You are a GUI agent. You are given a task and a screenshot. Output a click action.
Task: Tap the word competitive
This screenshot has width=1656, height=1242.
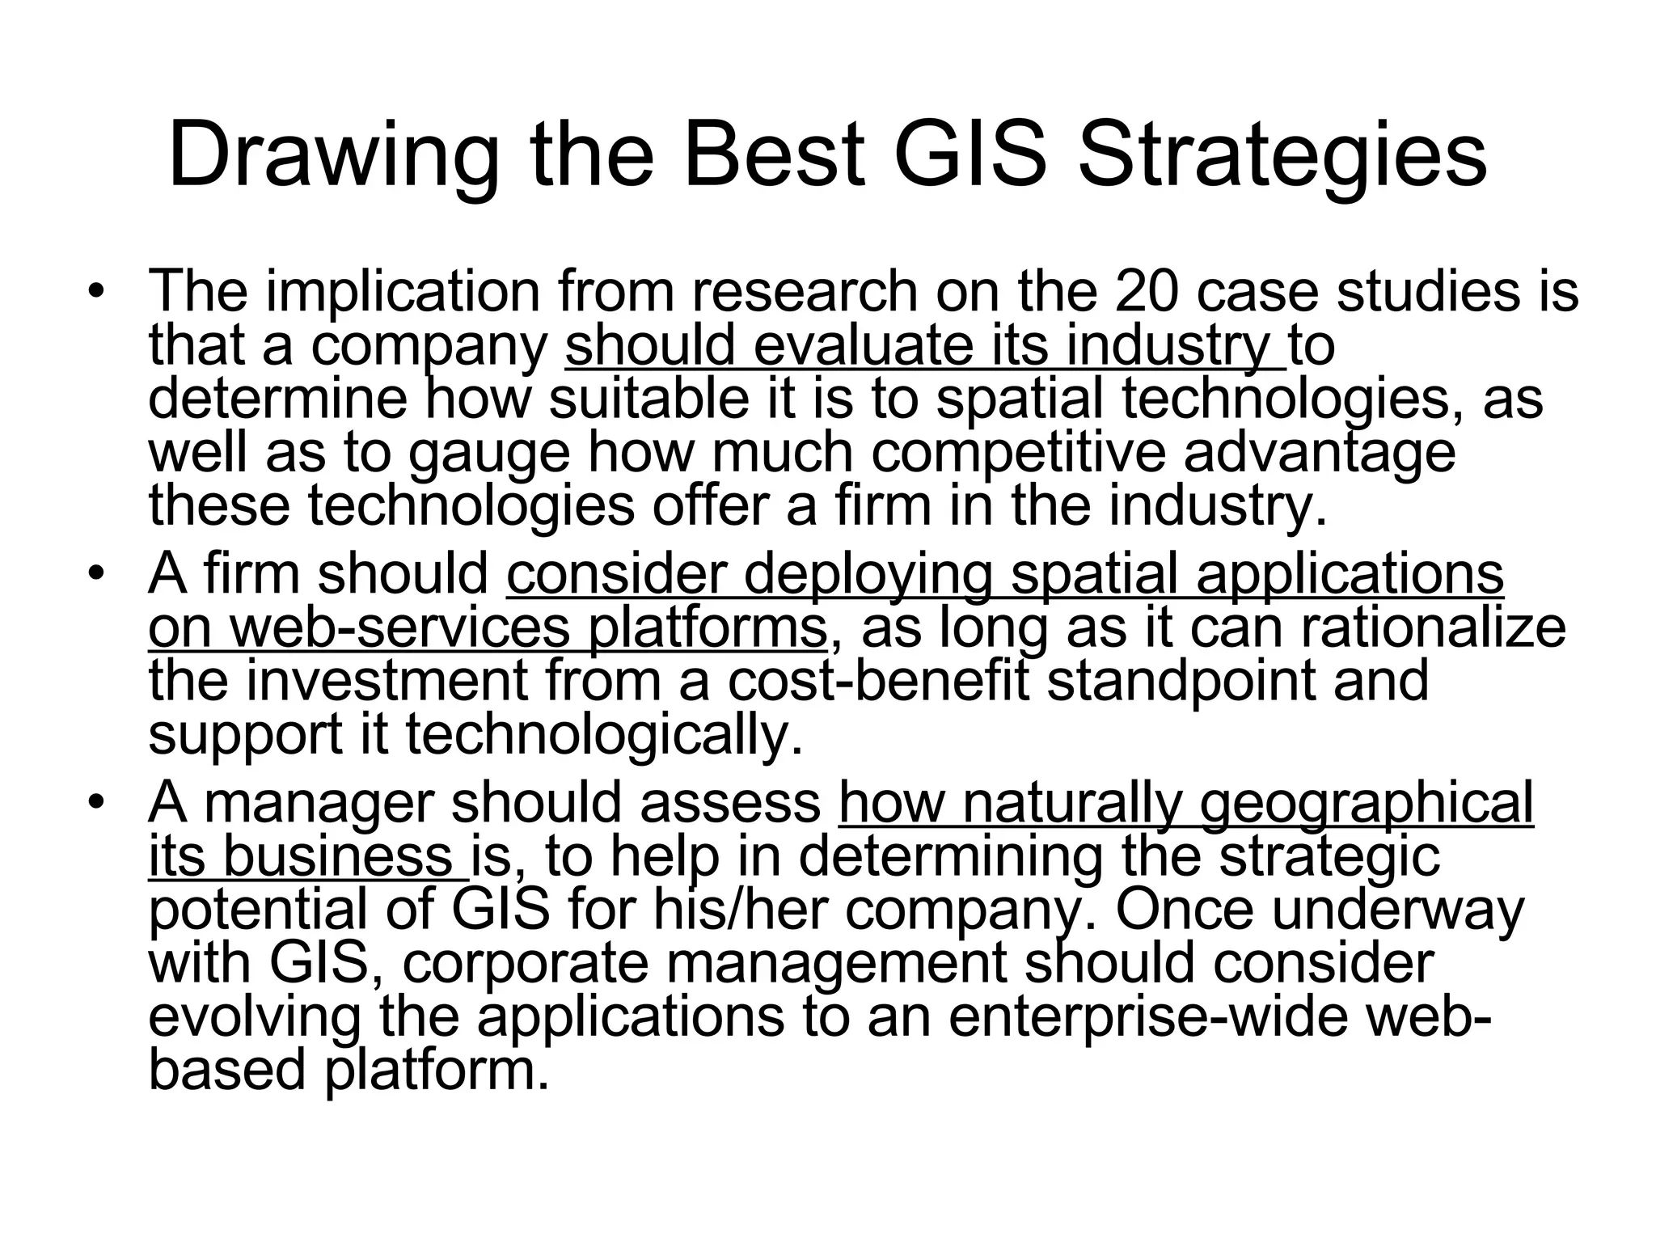point(1018,454)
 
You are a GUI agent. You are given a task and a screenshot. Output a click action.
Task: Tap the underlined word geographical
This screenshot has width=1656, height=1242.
point(1366,805)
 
